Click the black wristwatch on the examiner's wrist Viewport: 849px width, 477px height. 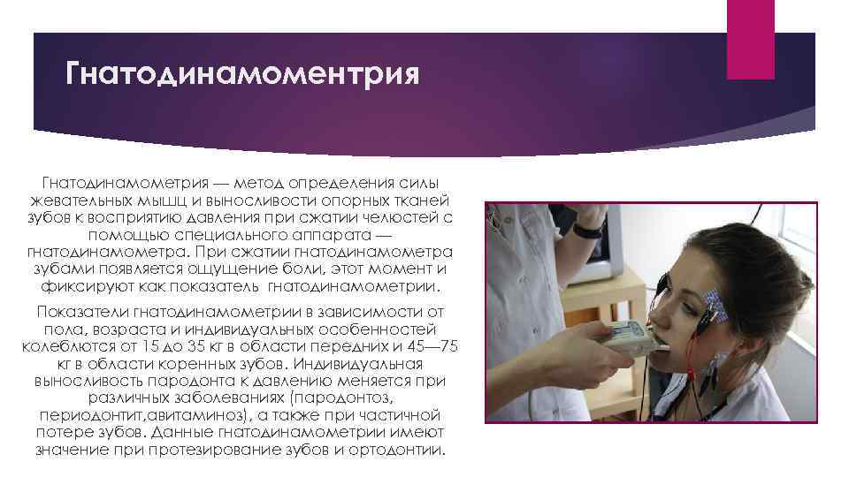(589, 228)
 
